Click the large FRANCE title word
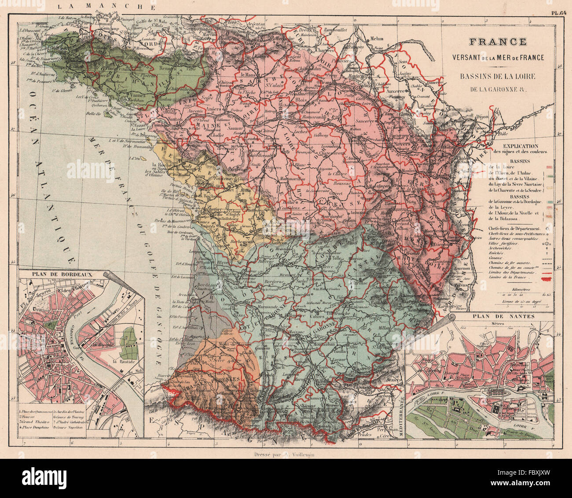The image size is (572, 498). pyautogui.click(x=498, y=42)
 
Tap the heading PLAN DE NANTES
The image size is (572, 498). pyautogui.click(x=503, y=316)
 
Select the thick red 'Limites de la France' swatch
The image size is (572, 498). pyautogui.click(x=547, y=278)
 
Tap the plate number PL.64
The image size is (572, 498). pyautogui.click(x=560, y=13)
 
